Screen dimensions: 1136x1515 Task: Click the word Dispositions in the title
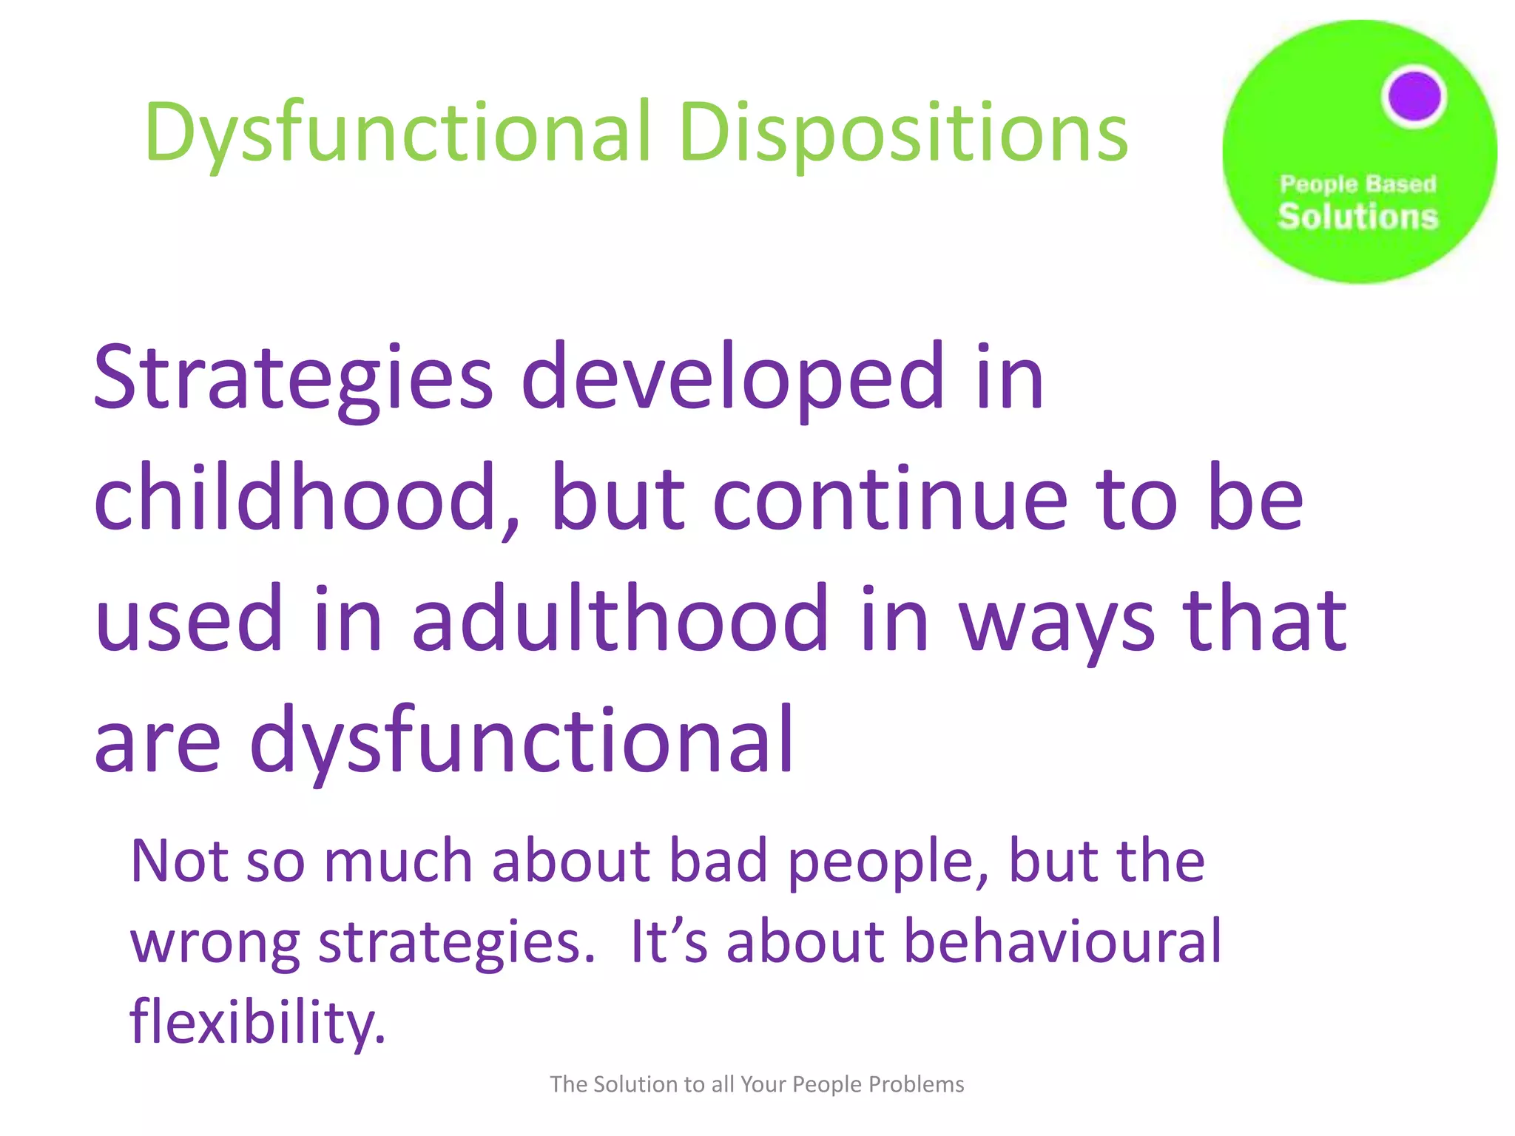[903, 133]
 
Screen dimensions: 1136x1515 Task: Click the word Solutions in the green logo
[1358, 217]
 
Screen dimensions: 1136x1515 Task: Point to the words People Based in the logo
[1358, 183]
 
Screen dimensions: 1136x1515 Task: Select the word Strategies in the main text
[293, 379]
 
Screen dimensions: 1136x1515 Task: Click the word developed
[732, 379]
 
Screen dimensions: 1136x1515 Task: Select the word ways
[1057, 621]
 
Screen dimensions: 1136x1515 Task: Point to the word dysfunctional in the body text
[522, 740]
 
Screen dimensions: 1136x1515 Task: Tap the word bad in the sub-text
[718, 862]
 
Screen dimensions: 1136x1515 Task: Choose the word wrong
[215, 943]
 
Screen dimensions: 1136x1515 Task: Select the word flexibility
[257, 1022]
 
